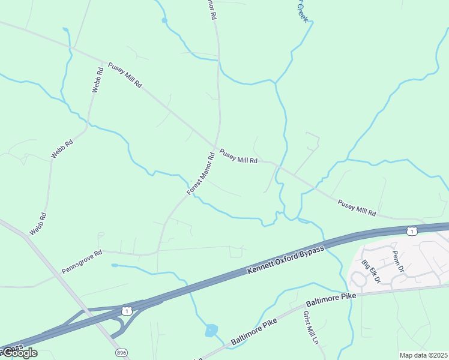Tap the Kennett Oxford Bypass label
[x=285, y=260]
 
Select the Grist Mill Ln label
[x=310, y=328]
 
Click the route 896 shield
[x=122, y=352]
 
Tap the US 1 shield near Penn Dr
[x=411, y=230]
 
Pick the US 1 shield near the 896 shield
[x=126, y=310]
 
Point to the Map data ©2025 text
[x=423, y=355]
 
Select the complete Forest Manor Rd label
[x=200, y=174]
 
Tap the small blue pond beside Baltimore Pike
[x=211, y=330]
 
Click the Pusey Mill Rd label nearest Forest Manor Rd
[x=238, y=157]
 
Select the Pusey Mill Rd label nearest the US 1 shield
[x=357, y=208]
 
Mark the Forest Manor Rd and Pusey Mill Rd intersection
[x=216, y=147]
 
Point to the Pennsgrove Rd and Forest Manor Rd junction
[x=158, y=251]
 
